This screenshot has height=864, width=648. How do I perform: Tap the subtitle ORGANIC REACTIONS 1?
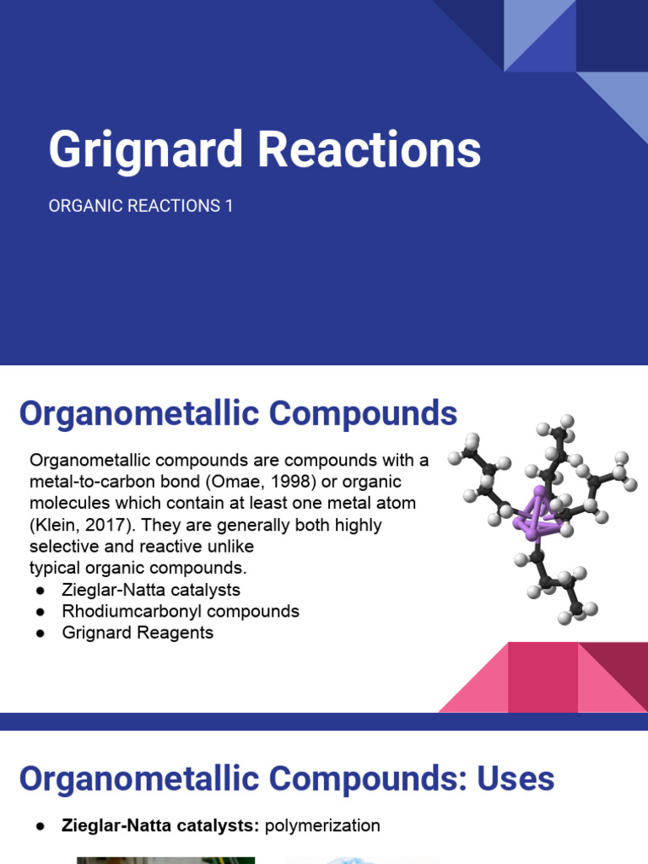point(140,206)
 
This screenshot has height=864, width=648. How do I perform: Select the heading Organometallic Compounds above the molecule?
point(238,413)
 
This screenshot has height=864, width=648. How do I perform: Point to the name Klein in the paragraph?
point(57,525)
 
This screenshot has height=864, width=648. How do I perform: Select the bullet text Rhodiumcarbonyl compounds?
point(181,611)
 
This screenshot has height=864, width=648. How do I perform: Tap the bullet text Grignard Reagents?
point(138,632)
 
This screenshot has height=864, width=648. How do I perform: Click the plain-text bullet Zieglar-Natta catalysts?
point(151,589)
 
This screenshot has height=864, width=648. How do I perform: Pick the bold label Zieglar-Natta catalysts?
point(160,826)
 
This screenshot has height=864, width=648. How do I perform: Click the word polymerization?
point(322,826)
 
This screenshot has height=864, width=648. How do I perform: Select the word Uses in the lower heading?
point(516,779)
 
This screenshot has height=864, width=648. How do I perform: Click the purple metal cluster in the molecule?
point(537,516)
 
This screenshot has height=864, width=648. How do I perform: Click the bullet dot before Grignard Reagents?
point(40,633)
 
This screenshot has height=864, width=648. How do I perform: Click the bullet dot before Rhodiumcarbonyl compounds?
point(40,611)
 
